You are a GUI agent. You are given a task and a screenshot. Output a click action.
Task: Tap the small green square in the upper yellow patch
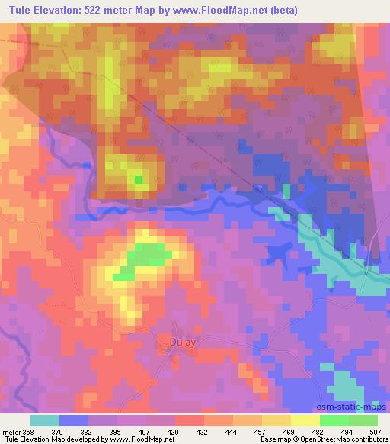138,180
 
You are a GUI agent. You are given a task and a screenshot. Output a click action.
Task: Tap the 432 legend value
203,432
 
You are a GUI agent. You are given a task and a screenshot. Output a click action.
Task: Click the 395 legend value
117,432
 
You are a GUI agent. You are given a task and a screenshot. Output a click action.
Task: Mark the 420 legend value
174,432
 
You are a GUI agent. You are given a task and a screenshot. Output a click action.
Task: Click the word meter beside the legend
11,432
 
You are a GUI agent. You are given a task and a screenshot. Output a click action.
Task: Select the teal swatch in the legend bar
44,420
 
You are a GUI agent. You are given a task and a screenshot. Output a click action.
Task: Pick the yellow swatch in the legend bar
305,420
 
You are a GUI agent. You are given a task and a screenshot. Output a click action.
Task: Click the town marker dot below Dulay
169,349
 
